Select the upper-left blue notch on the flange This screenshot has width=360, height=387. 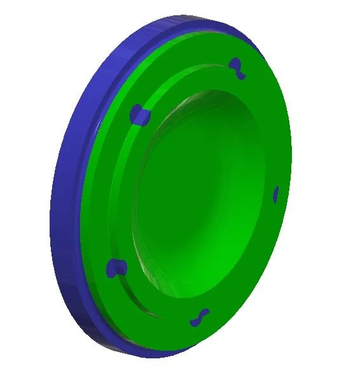point(139,115)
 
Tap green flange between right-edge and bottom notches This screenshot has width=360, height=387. point(254,267)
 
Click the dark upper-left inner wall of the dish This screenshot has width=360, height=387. point(165,127)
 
